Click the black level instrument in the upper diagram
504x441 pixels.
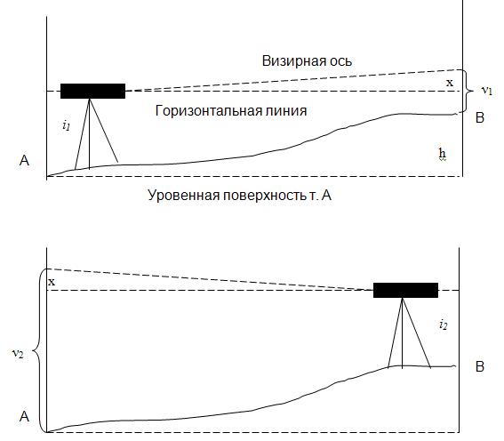(x=93, y=91)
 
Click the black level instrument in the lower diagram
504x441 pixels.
(x=405, y=290)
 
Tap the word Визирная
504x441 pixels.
(x=291, y=60)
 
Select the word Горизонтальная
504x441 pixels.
(x=208, y=111)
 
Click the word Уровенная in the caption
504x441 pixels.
(x=183, y=195)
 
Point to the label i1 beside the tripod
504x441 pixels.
(x=66, y=125)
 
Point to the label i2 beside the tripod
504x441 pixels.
(x=444, y=325)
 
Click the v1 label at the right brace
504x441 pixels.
(x=487, y=91)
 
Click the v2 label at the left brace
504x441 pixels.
(x=18, y=354)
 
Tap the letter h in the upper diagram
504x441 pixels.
(x=443, y=154)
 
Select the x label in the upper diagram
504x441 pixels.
(x=450, y=83)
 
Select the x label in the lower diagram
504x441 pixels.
(x=52, y=282)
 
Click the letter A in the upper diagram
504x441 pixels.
(x=24, y=160)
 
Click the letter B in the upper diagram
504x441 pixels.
(x=480, y=117)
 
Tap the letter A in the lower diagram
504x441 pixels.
(x=24, y=417)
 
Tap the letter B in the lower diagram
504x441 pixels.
(x=480, y=366)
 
